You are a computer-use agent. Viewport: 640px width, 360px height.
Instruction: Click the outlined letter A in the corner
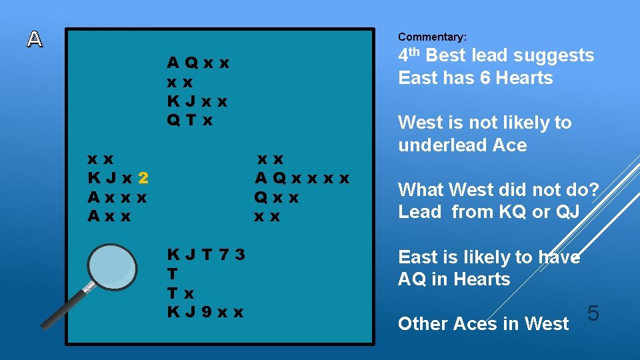[x=35, y=39]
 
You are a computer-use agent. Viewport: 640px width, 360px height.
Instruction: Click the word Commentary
[x=432, y=37]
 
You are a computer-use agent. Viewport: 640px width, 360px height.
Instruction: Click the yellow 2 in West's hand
[x=144, y=178]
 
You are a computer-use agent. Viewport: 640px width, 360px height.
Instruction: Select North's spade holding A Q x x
[x=197, y=63]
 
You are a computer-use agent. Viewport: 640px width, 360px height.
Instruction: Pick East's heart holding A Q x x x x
[x=302, y=178]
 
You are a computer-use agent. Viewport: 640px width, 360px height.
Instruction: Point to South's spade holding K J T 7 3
[x=206, y=255]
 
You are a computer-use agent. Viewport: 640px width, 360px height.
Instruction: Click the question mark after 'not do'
[x=593, y=190]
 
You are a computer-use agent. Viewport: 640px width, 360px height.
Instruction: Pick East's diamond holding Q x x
[x=276, y=197]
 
